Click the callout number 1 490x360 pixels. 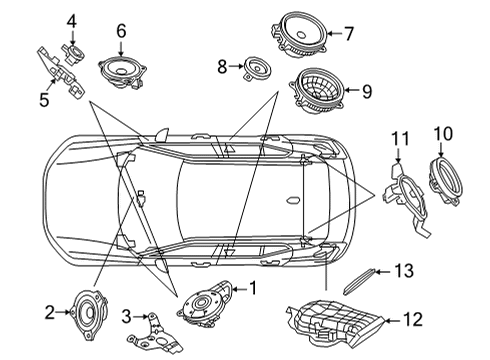click(254, 289)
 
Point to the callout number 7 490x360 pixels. click(349, 33)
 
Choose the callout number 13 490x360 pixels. click(404, 270)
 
